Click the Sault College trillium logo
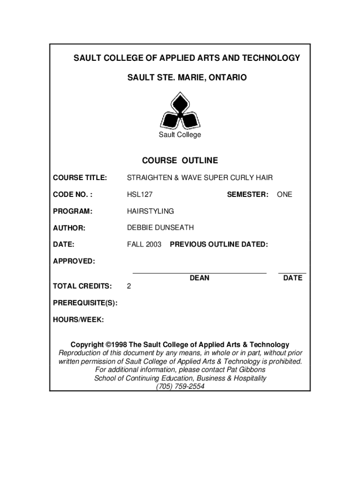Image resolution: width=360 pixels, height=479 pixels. [x=180, y=111]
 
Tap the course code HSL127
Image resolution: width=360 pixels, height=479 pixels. [x=140, y=194]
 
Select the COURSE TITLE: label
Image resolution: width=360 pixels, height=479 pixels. [x=80, y=178]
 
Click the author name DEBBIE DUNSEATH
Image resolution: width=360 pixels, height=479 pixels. [x=160, y=228]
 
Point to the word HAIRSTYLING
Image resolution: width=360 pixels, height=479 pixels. [x=151, y=211]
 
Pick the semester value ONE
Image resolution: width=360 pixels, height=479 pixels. [x=284, y=194]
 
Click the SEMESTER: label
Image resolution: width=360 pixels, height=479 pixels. [x=247, y=194]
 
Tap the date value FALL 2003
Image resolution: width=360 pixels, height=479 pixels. [x=144, y=245]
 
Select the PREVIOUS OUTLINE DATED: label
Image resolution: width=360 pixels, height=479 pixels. [x=219, y=245]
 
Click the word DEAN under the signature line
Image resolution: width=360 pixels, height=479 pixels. [x=200, y=278]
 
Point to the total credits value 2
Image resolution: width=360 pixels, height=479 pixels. [x=129, y=286]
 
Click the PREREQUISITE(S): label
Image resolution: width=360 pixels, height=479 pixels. [x=85, y=303]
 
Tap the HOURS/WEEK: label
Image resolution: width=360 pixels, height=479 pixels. [x=79, y=319]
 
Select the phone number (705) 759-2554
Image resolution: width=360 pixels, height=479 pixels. [x=180, y=386]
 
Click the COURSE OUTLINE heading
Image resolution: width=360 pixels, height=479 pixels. [x=180, y=161]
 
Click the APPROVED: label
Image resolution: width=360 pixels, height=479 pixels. [x=74, y=261]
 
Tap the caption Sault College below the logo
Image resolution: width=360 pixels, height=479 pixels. [x=180, y=135]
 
